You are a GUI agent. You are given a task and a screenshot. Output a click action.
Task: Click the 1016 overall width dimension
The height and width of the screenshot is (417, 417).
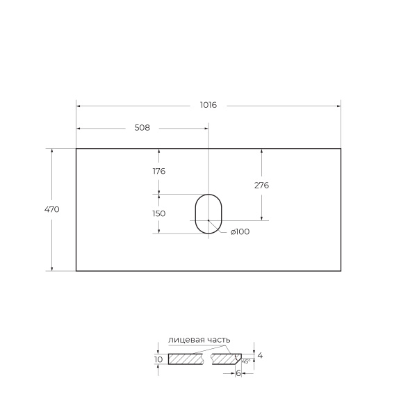pyautogui.click(x=208, y=105)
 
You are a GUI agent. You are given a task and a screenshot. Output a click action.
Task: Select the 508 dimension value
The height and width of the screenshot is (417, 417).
pyautogui.click(x=142, y=128)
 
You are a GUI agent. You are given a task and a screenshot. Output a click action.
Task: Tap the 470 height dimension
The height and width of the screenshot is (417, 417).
pyautogui.click(x=52, y=210)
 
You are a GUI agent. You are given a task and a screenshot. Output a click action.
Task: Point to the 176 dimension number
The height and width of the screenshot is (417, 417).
pyautogui.click(x=159, y=171)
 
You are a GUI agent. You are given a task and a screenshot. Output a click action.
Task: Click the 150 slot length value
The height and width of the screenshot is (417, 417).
pyautogui.click(x=159, y=213)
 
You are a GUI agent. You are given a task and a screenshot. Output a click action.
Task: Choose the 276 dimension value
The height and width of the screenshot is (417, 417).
pyautogui.click(x=262, y=185)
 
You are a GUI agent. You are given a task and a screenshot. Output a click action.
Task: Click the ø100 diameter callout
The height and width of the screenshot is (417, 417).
pyautogui.click(x=240, y=231)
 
